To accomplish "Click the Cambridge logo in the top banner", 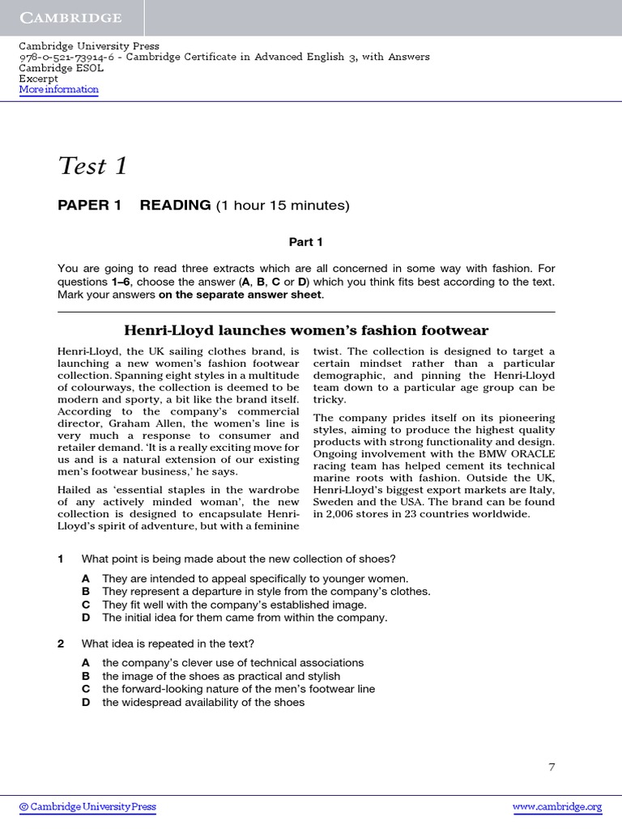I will pos(71,18).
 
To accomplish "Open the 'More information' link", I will pos(59,90).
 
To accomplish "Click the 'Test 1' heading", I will pos(93,165).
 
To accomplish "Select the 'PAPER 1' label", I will pos(89,206).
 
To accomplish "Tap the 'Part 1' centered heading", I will pos(306,242).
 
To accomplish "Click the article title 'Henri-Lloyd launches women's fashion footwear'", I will pos(306,330).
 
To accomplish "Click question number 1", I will pos(61,559).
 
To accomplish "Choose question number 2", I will pos(61,644).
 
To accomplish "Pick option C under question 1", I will pos(85,605).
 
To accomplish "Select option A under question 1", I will pos(85,578).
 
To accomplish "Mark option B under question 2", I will pos(85,676).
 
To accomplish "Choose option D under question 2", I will pos(85,702).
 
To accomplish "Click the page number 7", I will pos(552,767).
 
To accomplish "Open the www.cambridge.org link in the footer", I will pos(557,806).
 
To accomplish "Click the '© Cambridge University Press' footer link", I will pos(87,806).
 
